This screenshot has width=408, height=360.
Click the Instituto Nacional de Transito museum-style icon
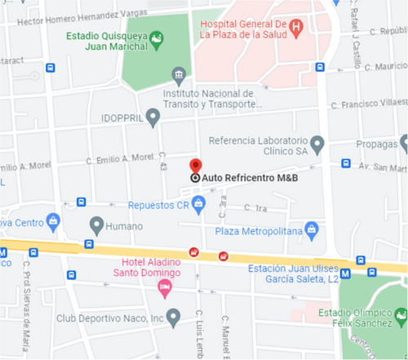179,77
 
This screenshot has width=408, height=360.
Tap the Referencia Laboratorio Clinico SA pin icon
317,144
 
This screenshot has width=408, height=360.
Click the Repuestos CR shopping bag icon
199,205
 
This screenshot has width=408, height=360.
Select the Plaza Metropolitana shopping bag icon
310,229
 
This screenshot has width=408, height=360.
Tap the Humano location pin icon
96,224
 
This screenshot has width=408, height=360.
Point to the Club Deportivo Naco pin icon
172,316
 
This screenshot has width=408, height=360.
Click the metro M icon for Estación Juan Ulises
347,273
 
